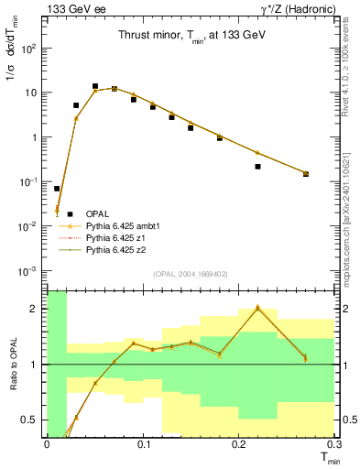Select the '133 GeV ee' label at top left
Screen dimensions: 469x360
pyautogui.click(x=75, y=8)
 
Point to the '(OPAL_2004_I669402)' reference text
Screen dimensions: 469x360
pyautogui.click(x=190, y=272)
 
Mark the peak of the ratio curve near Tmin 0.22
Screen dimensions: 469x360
pyautogui.click(x=257, y=308)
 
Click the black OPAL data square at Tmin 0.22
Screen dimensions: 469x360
pyautogui.click(x=257, y=167)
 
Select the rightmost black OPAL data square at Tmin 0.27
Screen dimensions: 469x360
pyautogui.click(x=306, y=173)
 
